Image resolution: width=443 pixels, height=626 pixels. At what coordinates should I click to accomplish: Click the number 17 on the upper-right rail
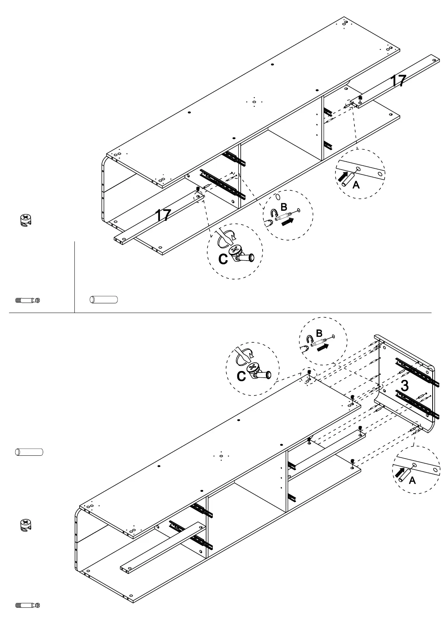(x=398, y=81)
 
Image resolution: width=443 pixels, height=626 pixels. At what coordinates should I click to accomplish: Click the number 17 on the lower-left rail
(x=163, y=215)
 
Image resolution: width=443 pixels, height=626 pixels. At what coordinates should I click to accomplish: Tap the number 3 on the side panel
(x=405, y=385)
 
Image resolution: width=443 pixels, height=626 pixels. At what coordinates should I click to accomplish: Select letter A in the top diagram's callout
(x=356, y=185)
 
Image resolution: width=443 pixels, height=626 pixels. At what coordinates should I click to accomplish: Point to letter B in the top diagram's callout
(x=284, y=207)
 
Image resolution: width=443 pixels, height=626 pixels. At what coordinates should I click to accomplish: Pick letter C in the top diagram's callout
(x=223, y=259)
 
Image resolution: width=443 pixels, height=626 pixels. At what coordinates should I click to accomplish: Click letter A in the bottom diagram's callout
(x=412, y=480)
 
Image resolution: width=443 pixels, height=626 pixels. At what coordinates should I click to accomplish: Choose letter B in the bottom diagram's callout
(x=319, y=333)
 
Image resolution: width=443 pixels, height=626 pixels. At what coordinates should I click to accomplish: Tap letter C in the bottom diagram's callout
(x=241, y=377)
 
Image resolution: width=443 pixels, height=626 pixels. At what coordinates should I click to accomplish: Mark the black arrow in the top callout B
(x=288, y=222)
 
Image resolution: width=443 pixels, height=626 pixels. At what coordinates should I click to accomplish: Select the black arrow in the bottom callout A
(x=399, y=472)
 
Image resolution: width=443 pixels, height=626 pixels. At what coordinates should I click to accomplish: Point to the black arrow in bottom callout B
(x=323, y=347)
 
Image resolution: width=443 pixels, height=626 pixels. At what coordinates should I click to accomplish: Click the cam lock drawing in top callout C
(x=241, y=254)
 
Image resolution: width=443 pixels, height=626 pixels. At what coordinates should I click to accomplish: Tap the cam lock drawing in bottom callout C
(x=259, y=371)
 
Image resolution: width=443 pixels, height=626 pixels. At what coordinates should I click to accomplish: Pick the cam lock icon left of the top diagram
(x=26, y=220)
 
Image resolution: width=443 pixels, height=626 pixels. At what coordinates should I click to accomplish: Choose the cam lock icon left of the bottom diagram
(x=26, y=525)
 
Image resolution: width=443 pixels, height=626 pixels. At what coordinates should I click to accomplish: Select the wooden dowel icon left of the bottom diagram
(x=29, y=452)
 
